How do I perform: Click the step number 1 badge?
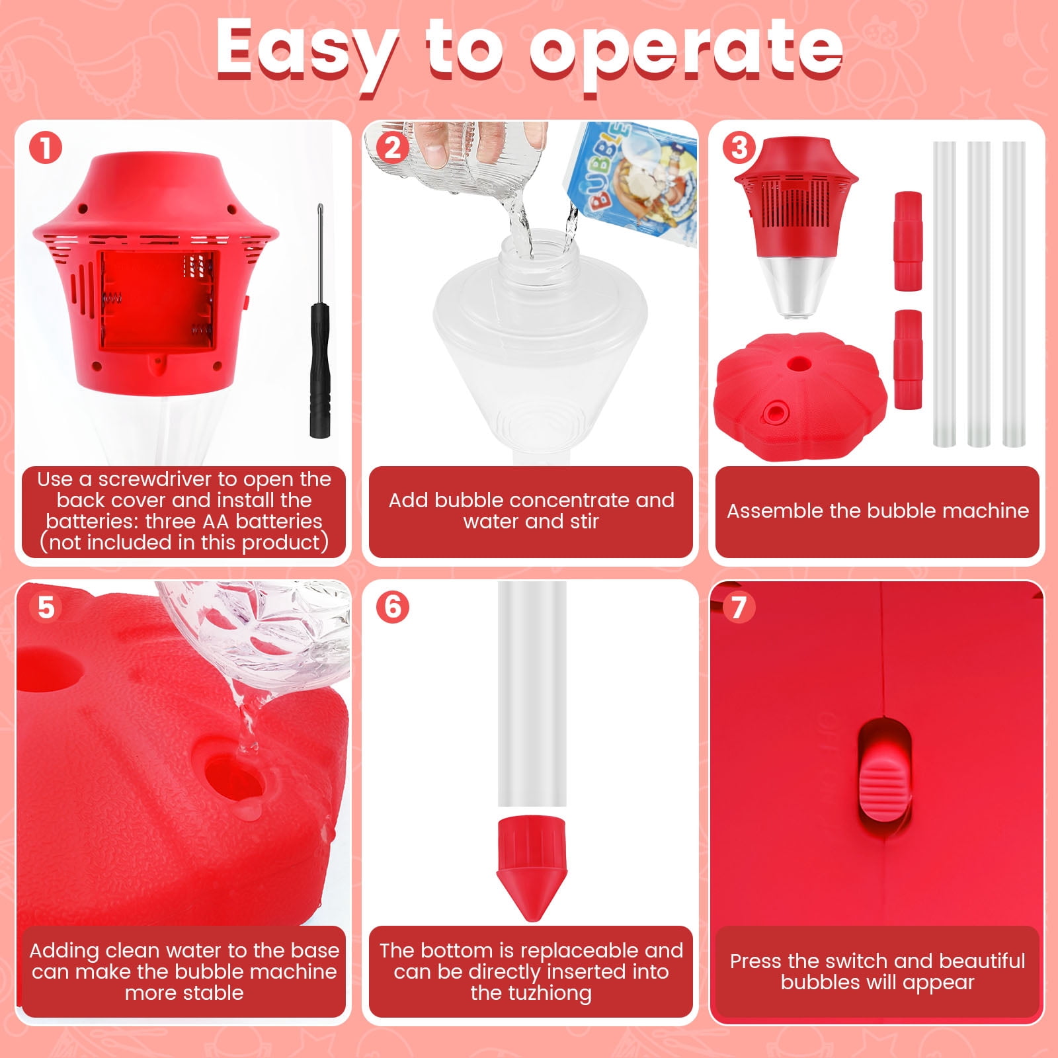coord(46,148)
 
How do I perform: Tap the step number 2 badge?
coord(393,148)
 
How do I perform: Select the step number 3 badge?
coord(739,148)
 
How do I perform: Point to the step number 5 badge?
coord(46,607)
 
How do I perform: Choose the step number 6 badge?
coord(393,607)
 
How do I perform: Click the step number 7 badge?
coord(739,607)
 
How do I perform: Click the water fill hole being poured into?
coord(233,779)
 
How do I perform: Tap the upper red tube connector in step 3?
coord(908,241)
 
